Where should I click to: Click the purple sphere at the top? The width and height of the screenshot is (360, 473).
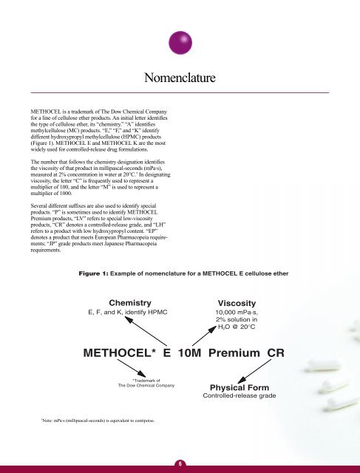180,41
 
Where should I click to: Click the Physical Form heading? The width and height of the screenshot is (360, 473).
237,389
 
